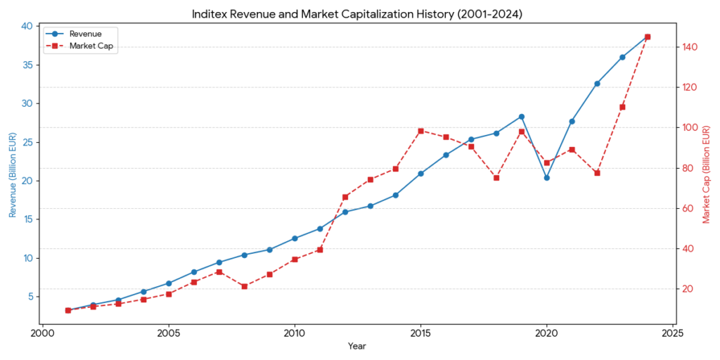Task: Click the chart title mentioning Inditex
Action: tap(359, 13)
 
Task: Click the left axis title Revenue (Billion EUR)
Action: tap(12, 174)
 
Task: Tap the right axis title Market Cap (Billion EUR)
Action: tap(707, 174)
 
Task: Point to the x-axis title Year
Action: tap(357, 346)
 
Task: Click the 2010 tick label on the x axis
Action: tap(295, 333)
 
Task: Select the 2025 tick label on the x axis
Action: tap(673, 333)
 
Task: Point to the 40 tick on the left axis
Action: tap(27, 26)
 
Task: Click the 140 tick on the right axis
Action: tap(689, 47)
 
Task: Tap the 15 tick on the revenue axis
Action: tap(27, 219)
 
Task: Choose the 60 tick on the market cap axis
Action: tap(687, 209)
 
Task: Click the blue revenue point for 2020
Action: tap(547, 178)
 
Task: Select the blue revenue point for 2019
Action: tap(522, 117)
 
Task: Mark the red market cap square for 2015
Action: tap(420, 131)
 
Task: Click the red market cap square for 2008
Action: tap(244, 286)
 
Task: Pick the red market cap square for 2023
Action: tap(622, 107)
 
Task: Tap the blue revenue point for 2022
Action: tap(597, 84)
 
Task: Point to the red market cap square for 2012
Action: tap(345, 197)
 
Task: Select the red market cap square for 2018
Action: tap(496, 178)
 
